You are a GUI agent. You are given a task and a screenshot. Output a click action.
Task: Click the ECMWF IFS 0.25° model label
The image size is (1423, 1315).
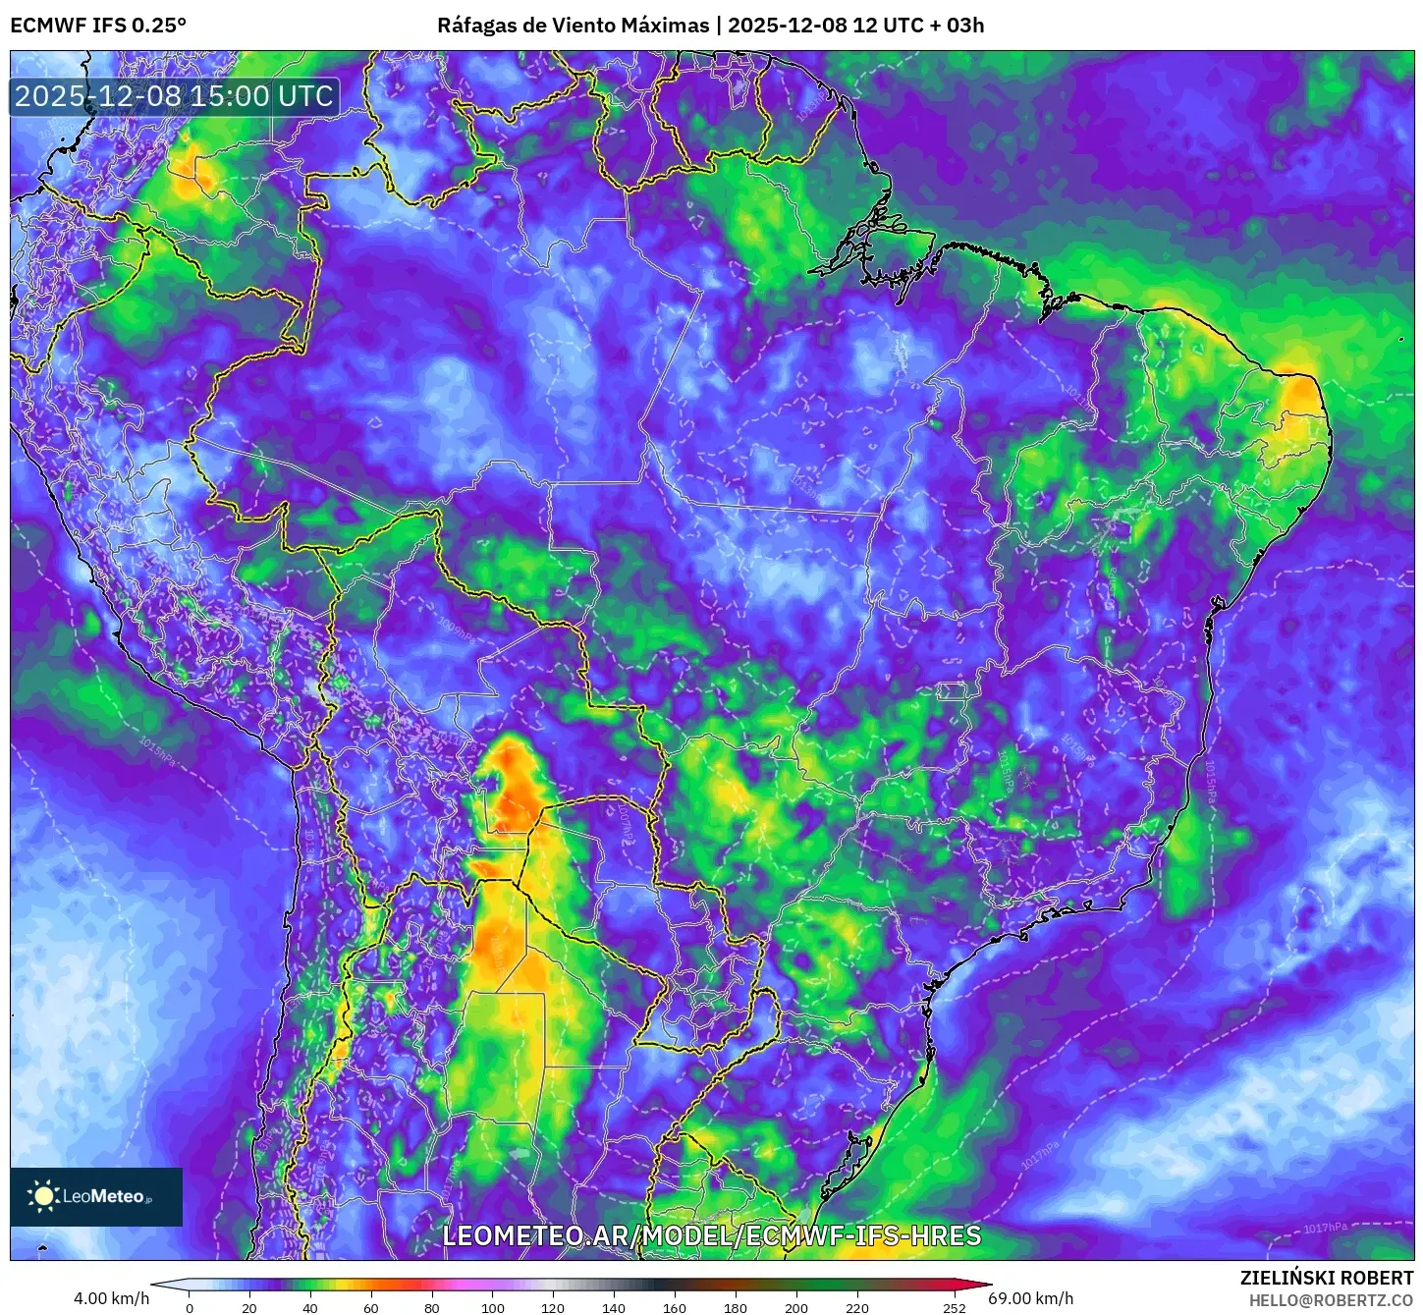[x=98, y=26]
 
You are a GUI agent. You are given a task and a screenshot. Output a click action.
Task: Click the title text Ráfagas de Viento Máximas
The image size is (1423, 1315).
[x=573, y=26]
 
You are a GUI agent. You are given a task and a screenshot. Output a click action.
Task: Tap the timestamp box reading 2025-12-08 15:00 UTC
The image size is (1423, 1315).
[x=174, y=96]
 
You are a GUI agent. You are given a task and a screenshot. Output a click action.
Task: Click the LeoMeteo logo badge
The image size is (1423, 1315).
[x=96, y=1196]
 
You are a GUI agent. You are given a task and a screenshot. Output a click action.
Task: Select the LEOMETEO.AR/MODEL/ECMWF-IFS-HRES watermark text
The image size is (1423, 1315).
[x=711, y=1235]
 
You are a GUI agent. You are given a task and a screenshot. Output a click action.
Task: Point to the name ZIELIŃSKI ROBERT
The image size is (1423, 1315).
[x=1326, y=1278]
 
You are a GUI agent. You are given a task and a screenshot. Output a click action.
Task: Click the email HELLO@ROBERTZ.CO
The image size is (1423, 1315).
[x=1330, y=1300]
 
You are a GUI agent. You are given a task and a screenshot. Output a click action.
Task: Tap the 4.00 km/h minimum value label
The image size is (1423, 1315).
[x=111, y=1298]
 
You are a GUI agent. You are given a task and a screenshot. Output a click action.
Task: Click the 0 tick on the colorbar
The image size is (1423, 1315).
[x=190, y=1307]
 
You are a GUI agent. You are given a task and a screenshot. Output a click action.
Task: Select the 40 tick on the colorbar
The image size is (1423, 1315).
[x=310, y=1307]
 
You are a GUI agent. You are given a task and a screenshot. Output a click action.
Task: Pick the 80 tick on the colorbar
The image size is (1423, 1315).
[x=432, y=1307]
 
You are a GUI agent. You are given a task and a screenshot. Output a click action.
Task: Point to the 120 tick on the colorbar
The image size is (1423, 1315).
[x=553, y=1307]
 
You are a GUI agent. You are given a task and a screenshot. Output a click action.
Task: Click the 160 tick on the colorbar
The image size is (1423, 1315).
[x=675, y=1307]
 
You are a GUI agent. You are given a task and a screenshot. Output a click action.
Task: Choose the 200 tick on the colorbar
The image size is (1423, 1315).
[x=796, y=1307]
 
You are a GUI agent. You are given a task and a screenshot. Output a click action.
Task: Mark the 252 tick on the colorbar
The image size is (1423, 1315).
[x=954, y=1307]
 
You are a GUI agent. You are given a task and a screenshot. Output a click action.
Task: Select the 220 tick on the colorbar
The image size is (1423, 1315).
[x=857, y=1307]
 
